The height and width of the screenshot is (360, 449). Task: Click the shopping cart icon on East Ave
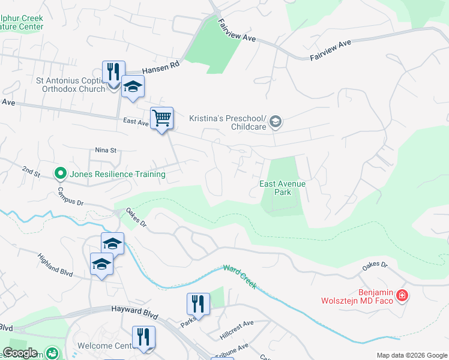pos(162,118)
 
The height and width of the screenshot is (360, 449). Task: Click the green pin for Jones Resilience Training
pos(60,174)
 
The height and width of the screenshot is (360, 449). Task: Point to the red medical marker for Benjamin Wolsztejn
pos(402,296)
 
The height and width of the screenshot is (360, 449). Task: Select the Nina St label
pos(105,150)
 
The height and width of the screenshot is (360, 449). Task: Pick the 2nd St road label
pos(31,173)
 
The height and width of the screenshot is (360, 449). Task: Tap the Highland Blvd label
pos(55,264)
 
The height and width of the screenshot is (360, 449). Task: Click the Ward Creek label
pos(240,277)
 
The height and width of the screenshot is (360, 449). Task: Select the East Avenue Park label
pos(282,188)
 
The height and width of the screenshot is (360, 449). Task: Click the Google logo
pos(20,353)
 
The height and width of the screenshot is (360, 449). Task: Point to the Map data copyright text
pos(411,355)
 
